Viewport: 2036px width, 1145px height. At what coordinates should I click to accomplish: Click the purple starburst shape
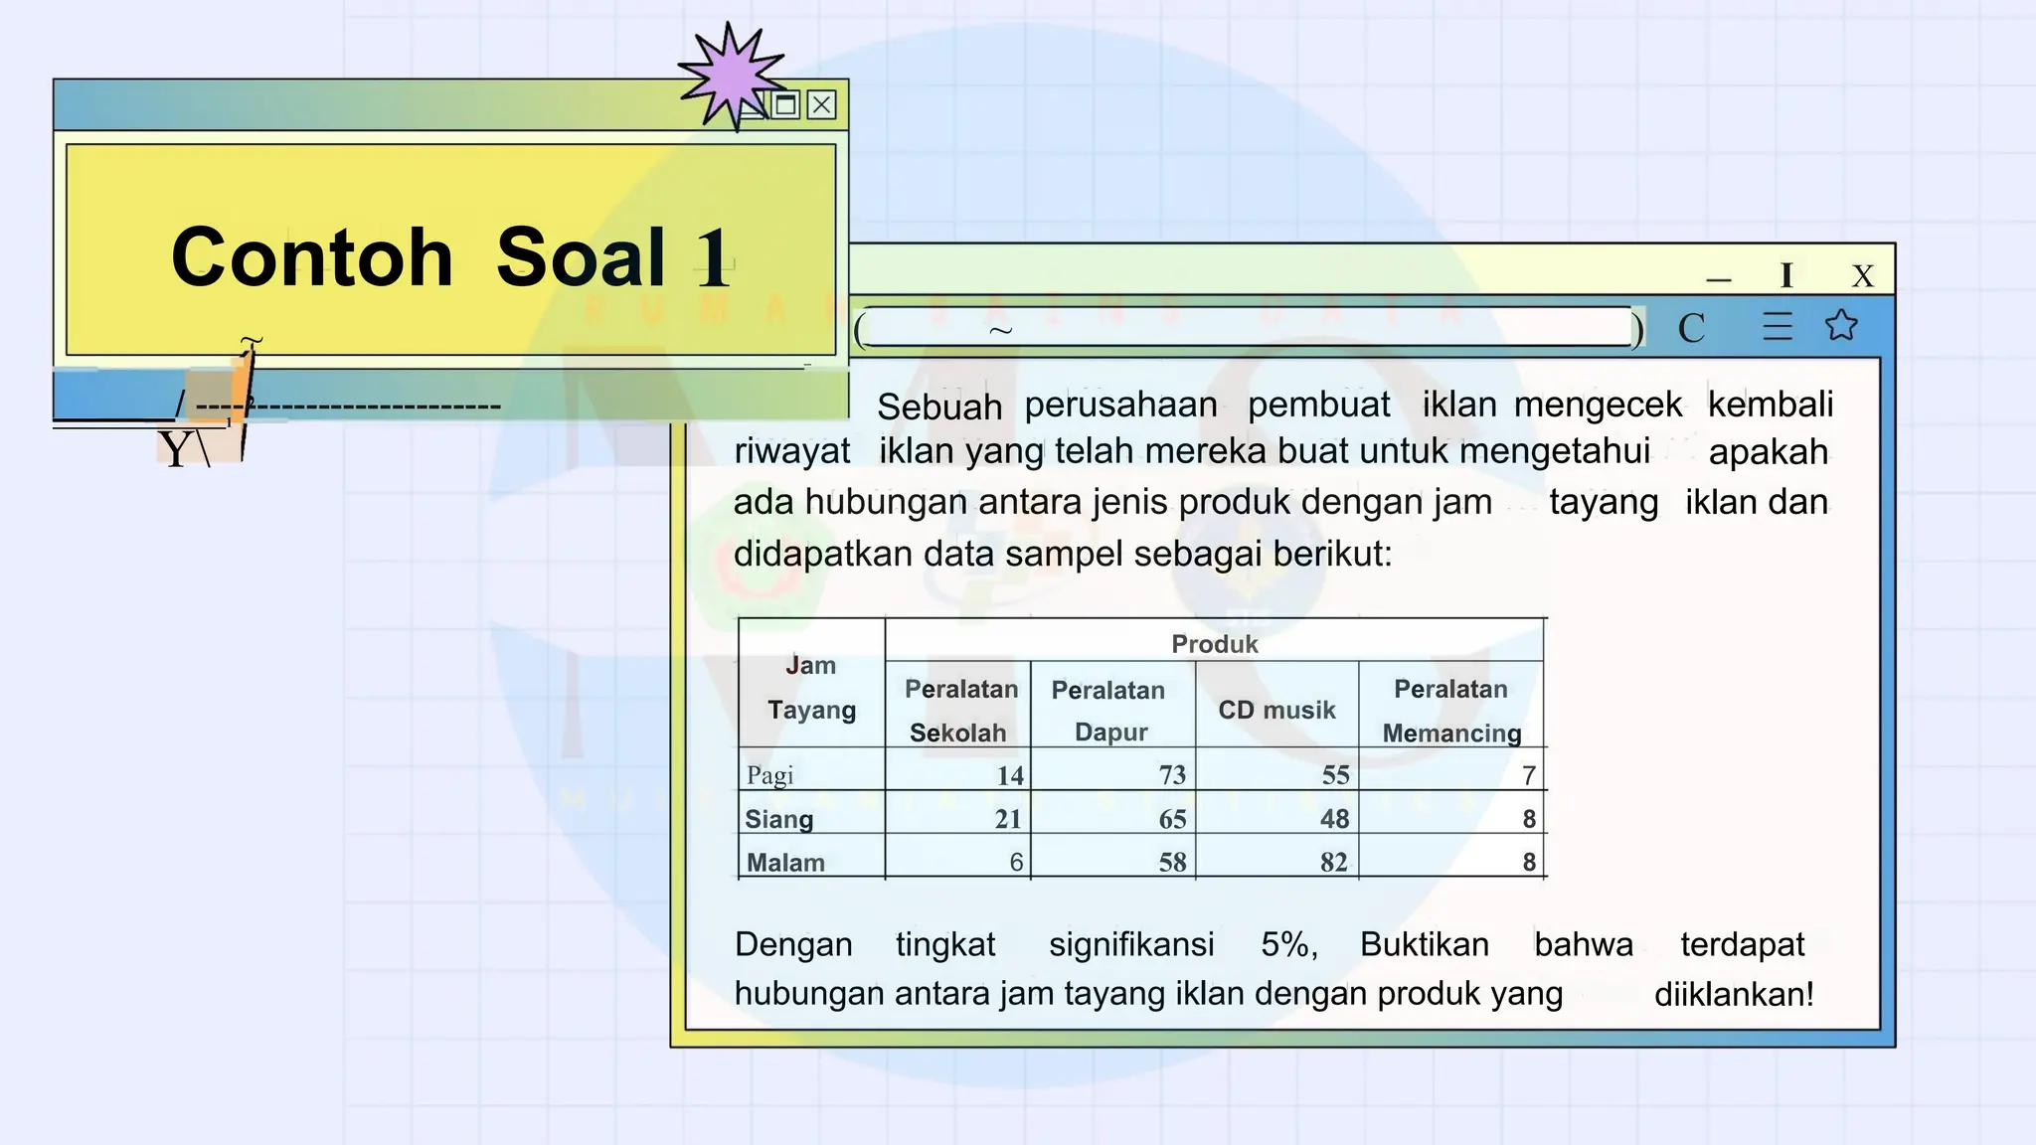point(732,76)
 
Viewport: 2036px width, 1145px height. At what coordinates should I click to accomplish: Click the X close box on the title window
point(821,104)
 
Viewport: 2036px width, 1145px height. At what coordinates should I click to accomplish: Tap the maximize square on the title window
point(785,104)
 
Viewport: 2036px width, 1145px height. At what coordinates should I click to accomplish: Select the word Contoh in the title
point(312,257)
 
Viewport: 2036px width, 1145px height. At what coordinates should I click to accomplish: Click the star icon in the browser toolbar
point(1841,325)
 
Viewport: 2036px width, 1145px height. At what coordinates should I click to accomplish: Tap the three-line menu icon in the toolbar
point(1778,326)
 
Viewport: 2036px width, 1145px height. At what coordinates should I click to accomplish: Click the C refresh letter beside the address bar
point(1691,328)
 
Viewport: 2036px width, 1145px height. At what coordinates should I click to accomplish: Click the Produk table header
point(1214,644)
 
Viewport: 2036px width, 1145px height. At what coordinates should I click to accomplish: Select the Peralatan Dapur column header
point(1109,711)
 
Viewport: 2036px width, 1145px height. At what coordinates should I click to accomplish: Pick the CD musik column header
point(1276,710)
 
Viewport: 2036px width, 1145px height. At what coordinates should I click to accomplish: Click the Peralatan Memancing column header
point(1451,711)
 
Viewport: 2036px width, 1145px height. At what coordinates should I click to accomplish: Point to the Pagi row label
point(770,775)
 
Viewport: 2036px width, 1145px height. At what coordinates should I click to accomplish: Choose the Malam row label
point(785,863)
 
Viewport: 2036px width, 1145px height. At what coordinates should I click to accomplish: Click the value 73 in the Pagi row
point(1172,775)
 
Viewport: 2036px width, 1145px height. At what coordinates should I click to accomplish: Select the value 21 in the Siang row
point(1008,819)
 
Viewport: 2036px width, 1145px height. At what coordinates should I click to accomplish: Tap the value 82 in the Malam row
point(1334,862)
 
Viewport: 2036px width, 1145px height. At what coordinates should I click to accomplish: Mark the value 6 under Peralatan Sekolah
point(1016,862)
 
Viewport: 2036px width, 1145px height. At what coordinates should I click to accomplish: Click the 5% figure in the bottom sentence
point(1288,944)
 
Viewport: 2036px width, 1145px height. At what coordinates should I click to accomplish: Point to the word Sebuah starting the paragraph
point(939,407)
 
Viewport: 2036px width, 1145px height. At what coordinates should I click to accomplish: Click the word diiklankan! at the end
point(1734,994)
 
